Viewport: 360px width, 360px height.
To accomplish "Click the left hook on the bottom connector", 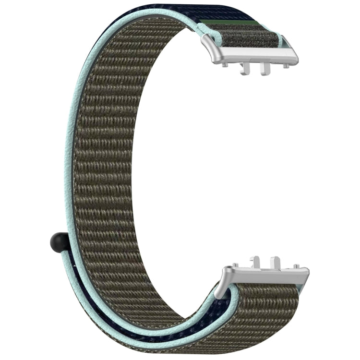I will pyautogui.click(x=255, y=262).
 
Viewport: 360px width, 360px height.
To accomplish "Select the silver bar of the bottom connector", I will pyautogui.click(x=264, y=275).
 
